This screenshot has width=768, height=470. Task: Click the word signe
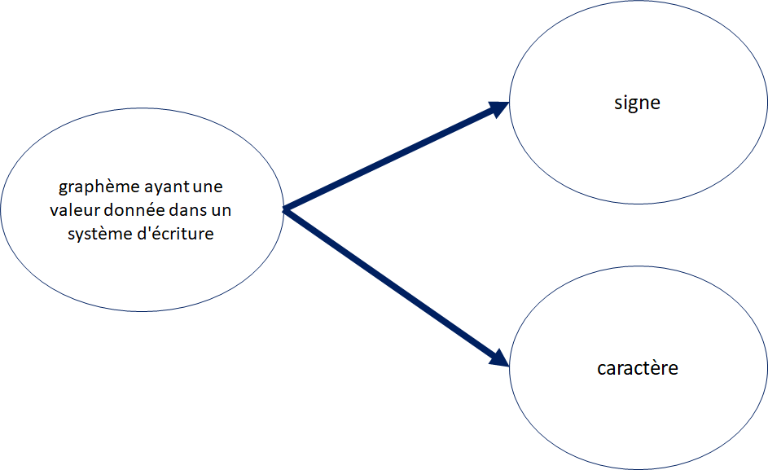[637, 103]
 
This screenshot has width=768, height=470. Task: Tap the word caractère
[638, 368]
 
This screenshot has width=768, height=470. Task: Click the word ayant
[167, 187]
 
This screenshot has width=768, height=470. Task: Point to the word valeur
[75, 210]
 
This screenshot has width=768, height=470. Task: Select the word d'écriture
[175, 233]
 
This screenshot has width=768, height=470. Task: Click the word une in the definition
[208, 187]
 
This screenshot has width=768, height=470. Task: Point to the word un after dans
[222, 211]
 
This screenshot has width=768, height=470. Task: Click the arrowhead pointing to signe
[498, 109]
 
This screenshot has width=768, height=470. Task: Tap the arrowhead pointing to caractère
[498, 358]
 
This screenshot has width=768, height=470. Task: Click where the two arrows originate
[284, 210]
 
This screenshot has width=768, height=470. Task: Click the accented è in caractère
[655, 367]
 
